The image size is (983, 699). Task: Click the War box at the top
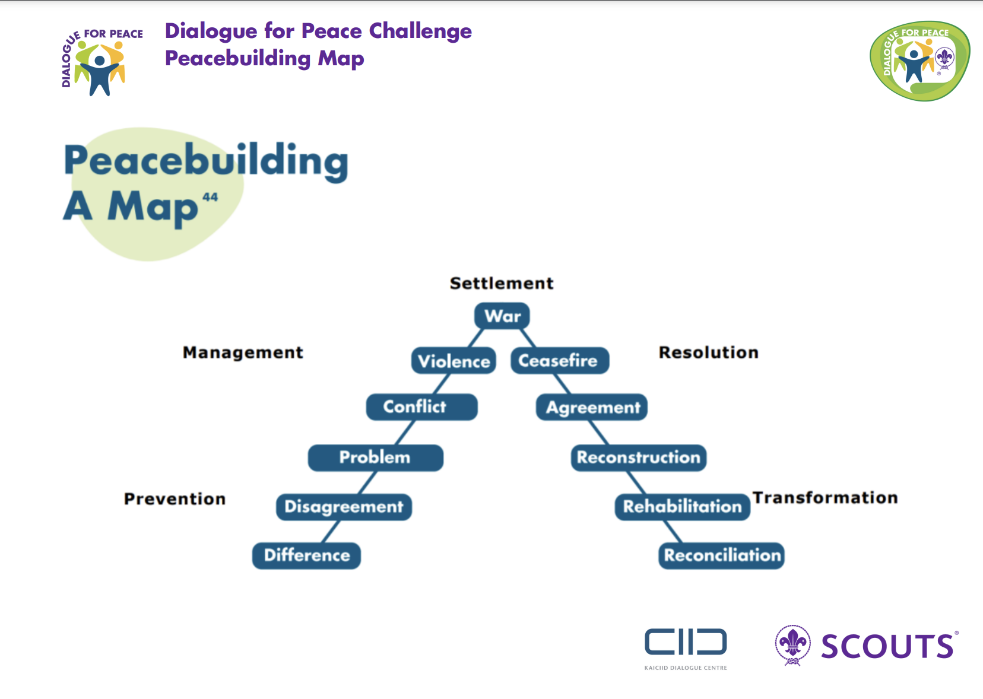[x=502, y=316]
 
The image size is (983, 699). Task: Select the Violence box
[x=454, y=361]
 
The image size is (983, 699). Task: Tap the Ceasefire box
[x=559, y=360]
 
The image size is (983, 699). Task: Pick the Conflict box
[x=421, y=406]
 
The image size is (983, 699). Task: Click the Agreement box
[x=592, y=407]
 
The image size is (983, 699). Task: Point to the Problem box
[x=375, y=457]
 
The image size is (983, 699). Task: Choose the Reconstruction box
[x=638, y=457]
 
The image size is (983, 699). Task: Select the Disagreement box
[x=344, y=507]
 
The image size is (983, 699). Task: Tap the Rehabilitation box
[x=682, y=507]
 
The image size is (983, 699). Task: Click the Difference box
[x=306, y=555]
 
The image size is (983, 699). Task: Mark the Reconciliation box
[x=721, y=555]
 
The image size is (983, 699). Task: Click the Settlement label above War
[x=502, y=283]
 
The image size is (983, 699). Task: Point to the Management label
[x=243, y=352]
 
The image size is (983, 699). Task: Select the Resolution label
[x=708, y=352]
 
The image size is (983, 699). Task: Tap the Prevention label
[x=175, y=498]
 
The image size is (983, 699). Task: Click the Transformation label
[x=825, y=497]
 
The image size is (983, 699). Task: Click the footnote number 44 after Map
[x=210, y=197]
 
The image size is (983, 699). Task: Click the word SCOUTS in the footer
[x=887, y=647]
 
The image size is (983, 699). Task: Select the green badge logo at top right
[x=919, y=61]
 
